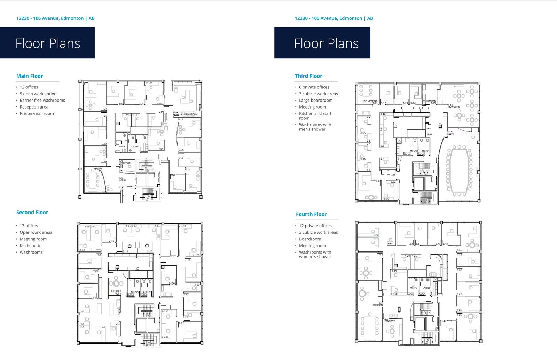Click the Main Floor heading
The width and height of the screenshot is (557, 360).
(30, 76)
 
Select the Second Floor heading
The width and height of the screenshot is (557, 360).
(32, 212)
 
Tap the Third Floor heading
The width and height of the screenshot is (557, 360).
(308, 76)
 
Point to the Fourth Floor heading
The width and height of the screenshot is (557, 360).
(311, 214)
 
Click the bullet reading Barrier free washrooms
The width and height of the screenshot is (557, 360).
(42, 100)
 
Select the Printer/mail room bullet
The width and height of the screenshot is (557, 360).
(37, 113)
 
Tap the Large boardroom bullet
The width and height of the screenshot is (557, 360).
(315, 100)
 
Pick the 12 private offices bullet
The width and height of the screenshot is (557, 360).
(315, 226)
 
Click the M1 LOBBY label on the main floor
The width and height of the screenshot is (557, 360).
(122, 179)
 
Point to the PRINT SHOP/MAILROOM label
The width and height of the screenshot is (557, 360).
(186, 114)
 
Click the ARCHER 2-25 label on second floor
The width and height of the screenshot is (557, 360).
(116, 293)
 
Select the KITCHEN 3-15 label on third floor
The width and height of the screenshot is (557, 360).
(431, 102)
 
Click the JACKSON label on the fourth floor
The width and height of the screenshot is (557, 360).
(377, 305)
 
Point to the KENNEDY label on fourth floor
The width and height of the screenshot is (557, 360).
(390, 321)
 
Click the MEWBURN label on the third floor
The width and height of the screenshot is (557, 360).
(454, 107)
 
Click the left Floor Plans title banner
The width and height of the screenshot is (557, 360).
(47, 43)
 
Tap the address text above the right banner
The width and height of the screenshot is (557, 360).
(334, 18)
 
